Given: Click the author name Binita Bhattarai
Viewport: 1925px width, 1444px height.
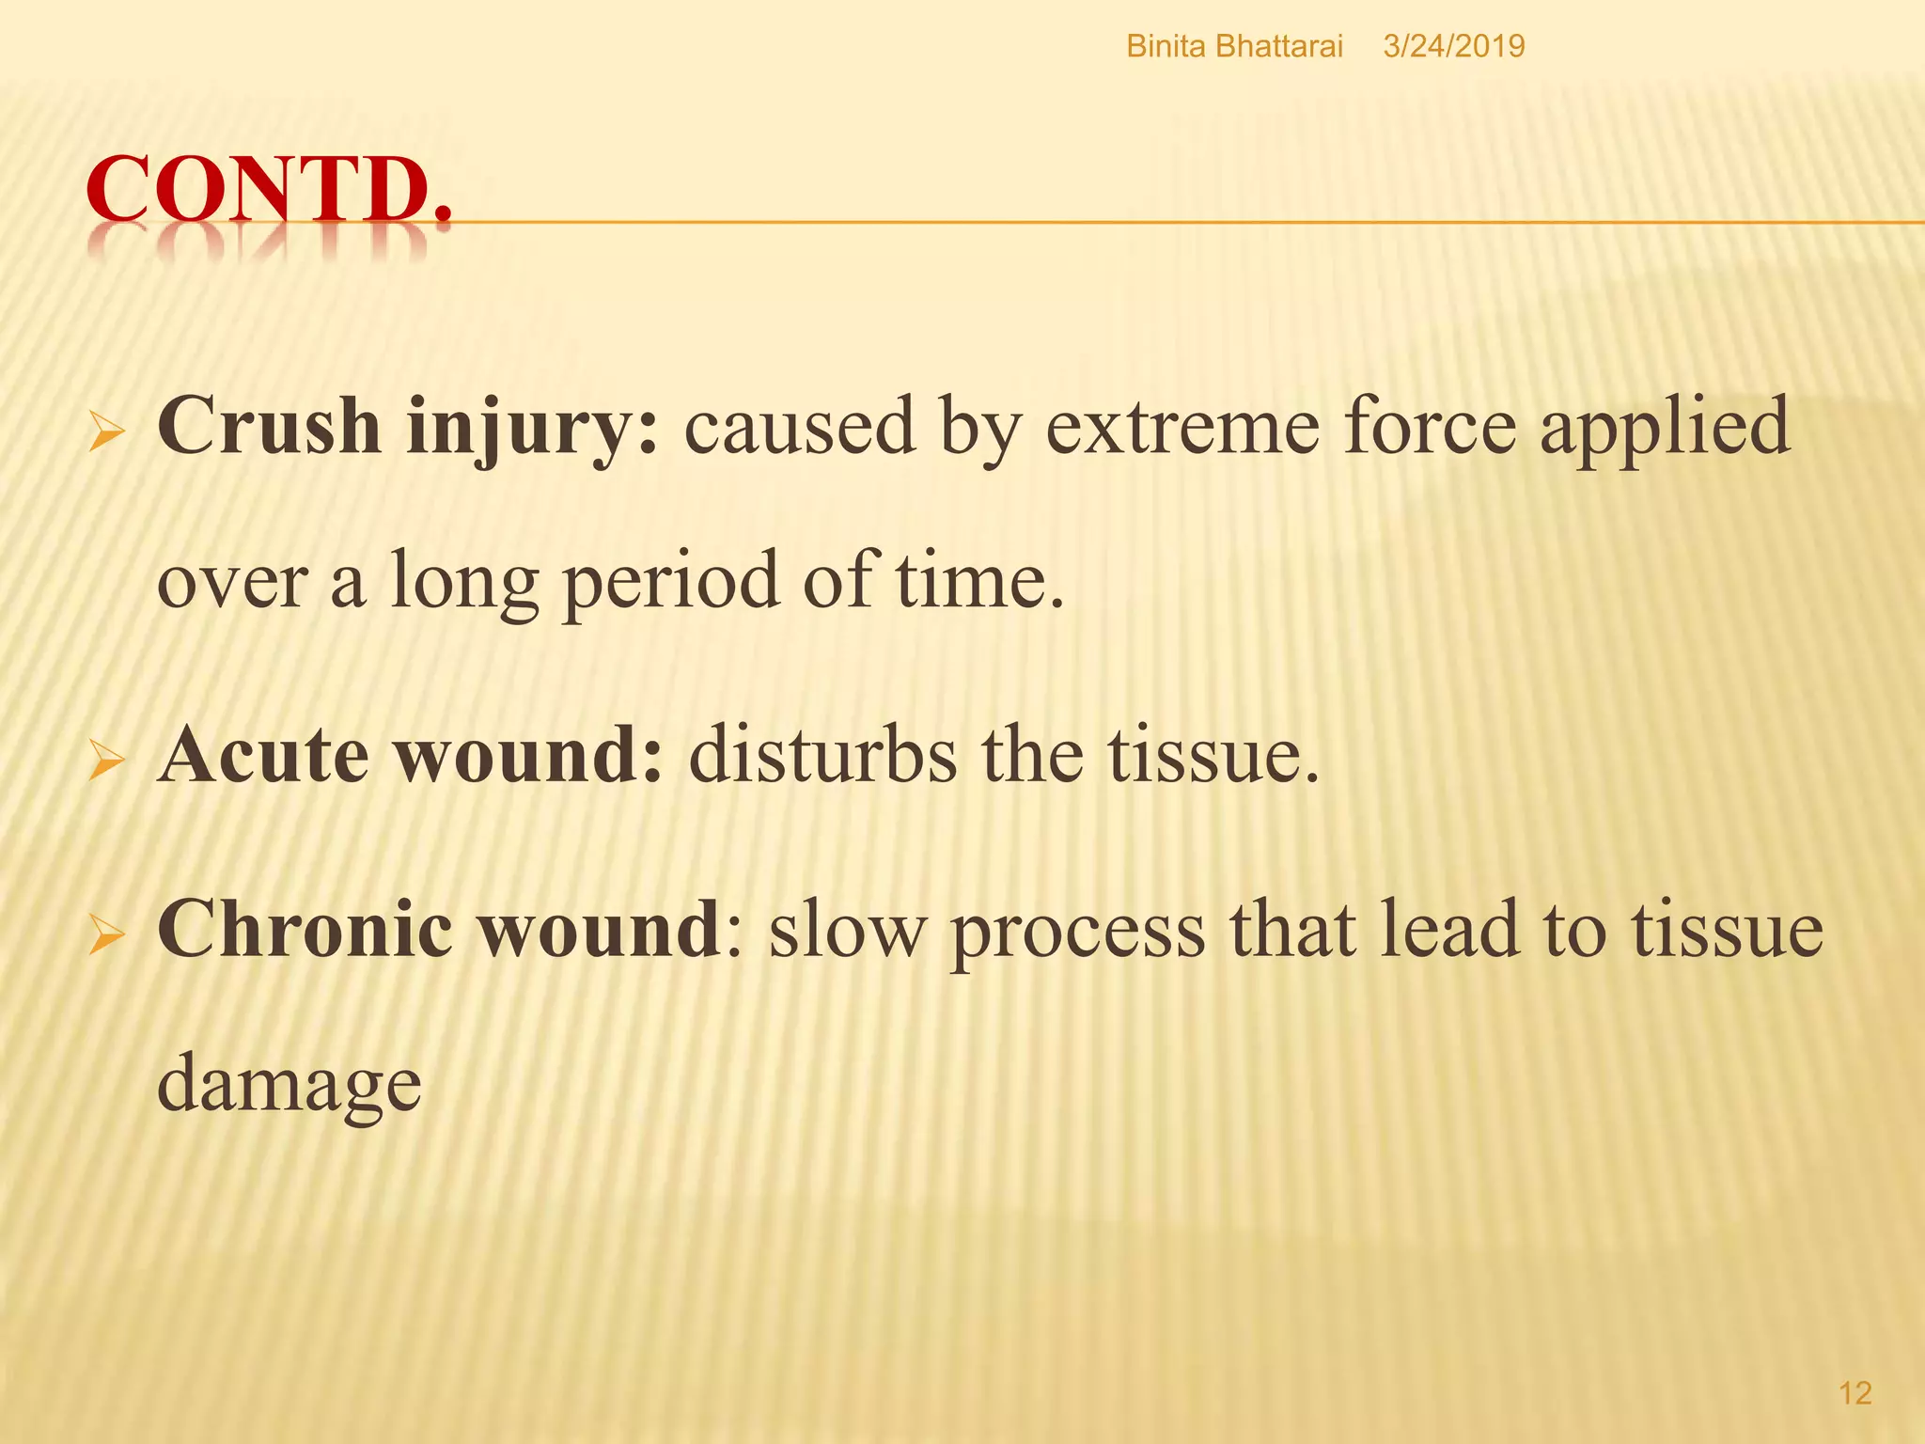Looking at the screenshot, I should coord(1234,46).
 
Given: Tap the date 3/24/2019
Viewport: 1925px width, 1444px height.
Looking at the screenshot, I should coord(1453,46).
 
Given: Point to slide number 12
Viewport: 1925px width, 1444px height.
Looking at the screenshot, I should coord(1855,1393).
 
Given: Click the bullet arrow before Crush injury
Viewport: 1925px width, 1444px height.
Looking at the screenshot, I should coord(106,434).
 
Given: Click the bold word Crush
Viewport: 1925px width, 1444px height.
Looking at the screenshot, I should coord(269,426).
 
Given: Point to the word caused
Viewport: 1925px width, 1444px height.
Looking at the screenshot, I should coord(799,426).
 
